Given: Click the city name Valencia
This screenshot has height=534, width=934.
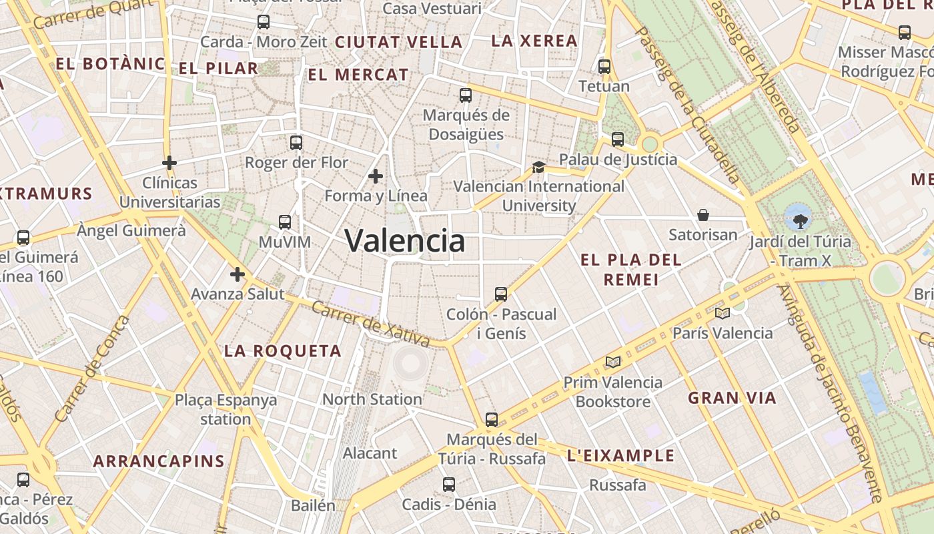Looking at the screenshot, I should point(405,241).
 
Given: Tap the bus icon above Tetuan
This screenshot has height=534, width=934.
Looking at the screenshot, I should point(604,67).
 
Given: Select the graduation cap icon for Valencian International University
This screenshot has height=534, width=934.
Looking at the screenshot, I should point(538,167).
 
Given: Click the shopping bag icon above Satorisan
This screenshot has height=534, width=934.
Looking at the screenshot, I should point(703,215).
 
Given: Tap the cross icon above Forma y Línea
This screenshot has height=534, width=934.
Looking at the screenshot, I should point(376,176).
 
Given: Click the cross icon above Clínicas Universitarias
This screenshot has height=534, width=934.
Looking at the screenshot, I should point(169,162).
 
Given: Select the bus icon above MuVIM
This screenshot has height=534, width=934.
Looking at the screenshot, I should point(285,222).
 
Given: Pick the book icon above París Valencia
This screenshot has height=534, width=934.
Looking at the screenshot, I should point(722,313).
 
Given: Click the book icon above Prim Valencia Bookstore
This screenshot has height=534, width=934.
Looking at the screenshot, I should point(613,362).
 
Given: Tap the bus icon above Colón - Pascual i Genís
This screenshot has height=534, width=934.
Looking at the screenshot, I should point(501,294).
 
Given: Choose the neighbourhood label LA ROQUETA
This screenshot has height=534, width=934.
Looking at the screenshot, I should point(283,351).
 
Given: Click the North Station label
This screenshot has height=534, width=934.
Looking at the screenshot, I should point(372,399).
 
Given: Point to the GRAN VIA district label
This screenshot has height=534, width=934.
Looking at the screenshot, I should point(732,398).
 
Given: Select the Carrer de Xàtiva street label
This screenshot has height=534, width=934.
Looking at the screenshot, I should point(370,324).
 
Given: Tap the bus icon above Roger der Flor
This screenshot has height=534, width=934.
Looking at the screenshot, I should point(296,142).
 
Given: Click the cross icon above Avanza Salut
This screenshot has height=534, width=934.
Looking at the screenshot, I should point(238,274).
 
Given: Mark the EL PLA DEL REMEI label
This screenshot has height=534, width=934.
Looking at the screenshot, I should point(631,269).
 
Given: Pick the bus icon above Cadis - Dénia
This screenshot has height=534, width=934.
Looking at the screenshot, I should point(449,485).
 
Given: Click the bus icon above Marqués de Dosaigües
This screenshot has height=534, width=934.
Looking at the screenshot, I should point(466,95).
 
